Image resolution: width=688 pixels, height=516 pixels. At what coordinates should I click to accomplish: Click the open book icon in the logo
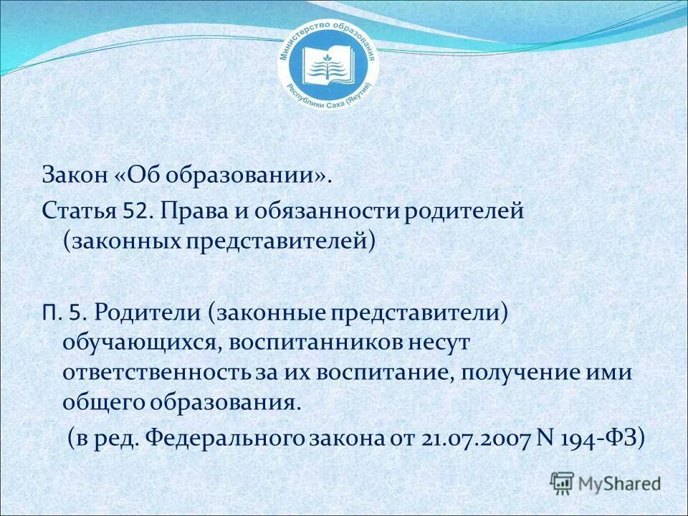coord(327,66)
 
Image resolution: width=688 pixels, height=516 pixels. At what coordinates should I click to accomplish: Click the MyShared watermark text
coord(620,482)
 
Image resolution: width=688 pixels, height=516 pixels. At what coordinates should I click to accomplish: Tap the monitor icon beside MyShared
coord(563,482)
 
